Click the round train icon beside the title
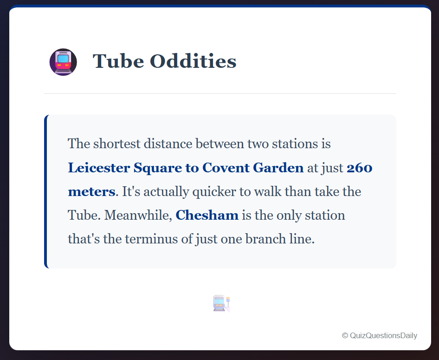[x=63, y=62]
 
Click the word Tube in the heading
[x=118, y=61]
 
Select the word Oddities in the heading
[x=193, y=61]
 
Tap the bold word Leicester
[x=99, y=168]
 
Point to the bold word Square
[x=158, y=168]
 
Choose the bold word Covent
[x=226, y=168]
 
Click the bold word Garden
[x=278, y=168]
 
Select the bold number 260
[x=360, y=168]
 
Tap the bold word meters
[x=91, y=192]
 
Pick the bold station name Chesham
[x=207, y=215]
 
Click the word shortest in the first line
[x=117, y=144]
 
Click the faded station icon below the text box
[x=221, y=303]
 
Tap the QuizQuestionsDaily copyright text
[x=380, y=335]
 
